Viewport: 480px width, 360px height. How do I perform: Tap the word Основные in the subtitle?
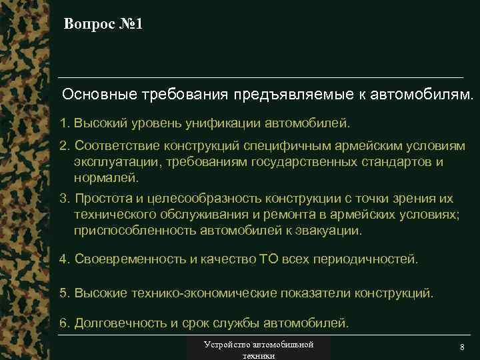pyautogui.click(x=99, y=94)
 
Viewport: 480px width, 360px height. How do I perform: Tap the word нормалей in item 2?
pyautogui.click(x=105, y=178)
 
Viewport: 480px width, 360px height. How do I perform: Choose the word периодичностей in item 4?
pyautogui.click(x=368, y=258)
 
